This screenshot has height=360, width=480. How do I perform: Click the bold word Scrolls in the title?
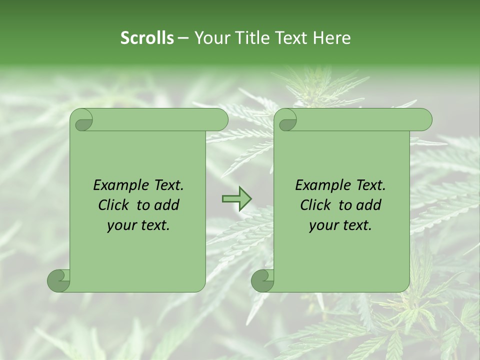(x=147, y=38)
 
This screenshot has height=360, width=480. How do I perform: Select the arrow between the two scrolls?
(x=236, y=199)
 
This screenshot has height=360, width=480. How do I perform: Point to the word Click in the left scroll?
(x=115, y=205)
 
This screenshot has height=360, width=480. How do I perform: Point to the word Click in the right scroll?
(x=317, y=205)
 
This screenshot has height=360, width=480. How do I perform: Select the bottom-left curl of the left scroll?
(x=58, y=280)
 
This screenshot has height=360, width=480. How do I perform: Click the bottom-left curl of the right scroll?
(x=262, y=280)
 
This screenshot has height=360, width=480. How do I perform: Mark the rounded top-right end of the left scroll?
(x=220, y=120)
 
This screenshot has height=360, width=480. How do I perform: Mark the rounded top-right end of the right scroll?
(x=424, y=120)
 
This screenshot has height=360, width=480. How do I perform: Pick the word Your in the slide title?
(x=210, y=38)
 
